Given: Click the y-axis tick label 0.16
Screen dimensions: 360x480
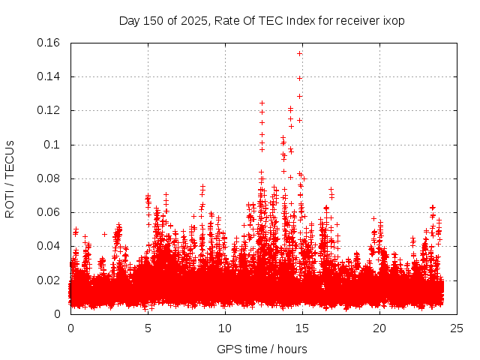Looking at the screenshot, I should click(49, 43).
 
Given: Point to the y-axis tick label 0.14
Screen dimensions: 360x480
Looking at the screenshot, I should click(49, 76).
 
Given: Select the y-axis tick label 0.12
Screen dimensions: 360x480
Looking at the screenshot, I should click(49, 110).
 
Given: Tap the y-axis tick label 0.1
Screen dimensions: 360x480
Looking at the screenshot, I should click(52, 145).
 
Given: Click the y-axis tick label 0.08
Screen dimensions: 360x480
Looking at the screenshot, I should click(49, 178).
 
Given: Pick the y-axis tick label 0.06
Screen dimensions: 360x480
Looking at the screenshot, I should click(49, 212).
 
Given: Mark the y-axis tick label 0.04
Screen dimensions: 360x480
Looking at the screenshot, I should click(49, 246).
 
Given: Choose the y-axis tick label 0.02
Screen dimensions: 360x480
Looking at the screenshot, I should click(49, 280).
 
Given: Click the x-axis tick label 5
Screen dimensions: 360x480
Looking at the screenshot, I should click(148, 328).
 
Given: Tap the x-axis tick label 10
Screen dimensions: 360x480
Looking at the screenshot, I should click(225, 328).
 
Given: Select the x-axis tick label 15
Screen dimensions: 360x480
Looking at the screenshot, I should click(302, 328).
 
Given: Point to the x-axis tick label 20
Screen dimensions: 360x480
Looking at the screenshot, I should click(379, 328).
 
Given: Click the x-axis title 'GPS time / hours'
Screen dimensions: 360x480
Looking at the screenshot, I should click(262, 349).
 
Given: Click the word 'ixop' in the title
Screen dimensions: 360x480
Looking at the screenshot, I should click(394, 20).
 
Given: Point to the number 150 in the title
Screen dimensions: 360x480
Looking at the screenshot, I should click(153, 20).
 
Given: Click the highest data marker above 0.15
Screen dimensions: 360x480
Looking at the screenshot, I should click(300, 53).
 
